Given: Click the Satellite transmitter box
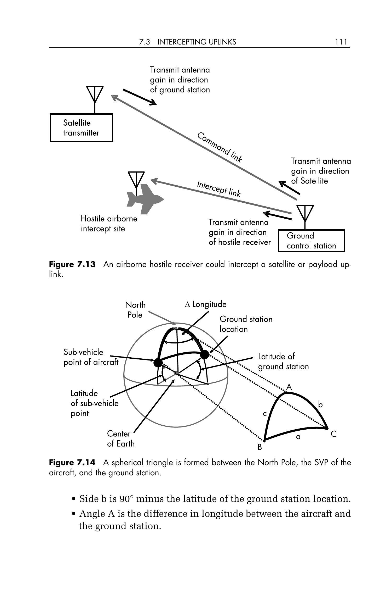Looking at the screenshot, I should click(x=81, y=128).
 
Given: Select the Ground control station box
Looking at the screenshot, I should click(x=311, y=241).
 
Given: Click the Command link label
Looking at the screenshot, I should click(x=220, y=147).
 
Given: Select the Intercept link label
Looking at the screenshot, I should click(x=218, y=188).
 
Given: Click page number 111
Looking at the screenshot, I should click(x=341, y=42).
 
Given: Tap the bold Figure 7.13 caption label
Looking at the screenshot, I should click(x=72, y=264).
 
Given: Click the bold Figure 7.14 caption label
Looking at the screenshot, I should click(x=72, y=463).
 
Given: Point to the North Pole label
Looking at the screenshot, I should click(x=135, y=310).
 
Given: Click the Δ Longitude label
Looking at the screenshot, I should click(x=206, y=304).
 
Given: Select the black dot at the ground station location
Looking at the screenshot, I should click(x=205, y=355).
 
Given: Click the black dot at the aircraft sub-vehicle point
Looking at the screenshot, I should click(x=158, y=363).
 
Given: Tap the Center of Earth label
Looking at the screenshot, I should click(x=120, y=438).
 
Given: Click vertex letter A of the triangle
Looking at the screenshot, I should click(x=289, y=387).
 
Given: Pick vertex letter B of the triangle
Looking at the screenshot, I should click(x=260, y=447).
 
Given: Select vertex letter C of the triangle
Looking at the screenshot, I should click(x=333, y=434).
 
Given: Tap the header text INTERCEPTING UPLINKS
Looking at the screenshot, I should click(x=197, y=42).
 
